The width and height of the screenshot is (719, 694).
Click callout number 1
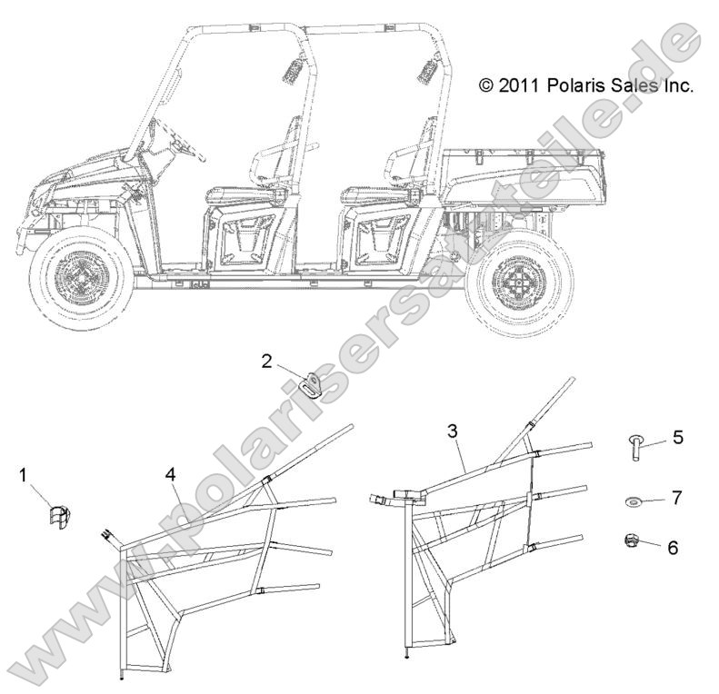coord(24,476)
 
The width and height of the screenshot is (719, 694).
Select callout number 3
coord(453,431)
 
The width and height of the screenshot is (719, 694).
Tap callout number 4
coord(171,475)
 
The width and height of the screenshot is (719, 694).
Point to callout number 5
coord(678,437)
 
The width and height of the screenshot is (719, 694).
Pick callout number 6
coord(673,548)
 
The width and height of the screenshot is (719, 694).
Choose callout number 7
coord(677,498)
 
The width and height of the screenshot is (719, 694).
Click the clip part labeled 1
coord(59,517)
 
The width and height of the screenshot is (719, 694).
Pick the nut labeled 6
coord(632,540)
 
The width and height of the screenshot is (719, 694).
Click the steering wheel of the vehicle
coord(187,142)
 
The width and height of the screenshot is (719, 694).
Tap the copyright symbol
coord(486,85)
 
